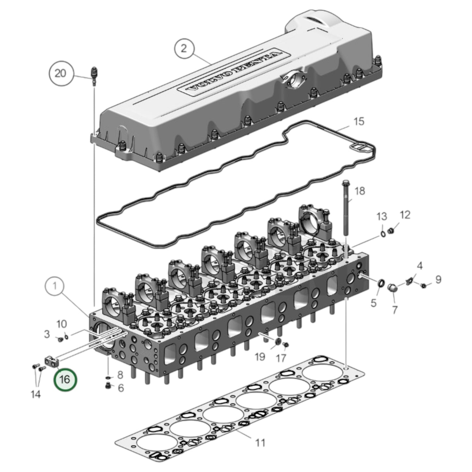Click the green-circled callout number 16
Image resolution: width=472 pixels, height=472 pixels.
[x=66, y=379]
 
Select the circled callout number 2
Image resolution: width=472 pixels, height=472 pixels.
[x=184, y=49]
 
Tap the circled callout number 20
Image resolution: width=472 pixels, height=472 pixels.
[x=60, y=73]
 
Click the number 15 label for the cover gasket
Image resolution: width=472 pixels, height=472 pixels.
[x=359, y=122]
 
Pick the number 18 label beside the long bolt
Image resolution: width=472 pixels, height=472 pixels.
[x=360, y=191]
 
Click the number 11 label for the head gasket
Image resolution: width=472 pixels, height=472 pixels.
[x=260, y=443]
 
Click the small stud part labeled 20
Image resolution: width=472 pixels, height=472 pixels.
[x=94, y=75]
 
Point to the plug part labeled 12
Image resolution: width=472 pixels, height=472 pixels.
[x=390, y=231]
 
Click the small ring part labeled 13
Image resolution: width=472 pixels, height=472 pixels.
[x=382, y=234]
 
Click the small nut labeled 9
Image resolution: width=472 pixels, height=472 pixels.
[x=423, y=286]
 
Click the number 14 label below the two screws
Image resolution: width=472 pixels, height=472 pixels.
[x=36, y=394]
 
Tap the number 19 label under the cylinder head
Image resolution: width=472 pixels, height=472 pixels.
[x=260, y=356]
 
